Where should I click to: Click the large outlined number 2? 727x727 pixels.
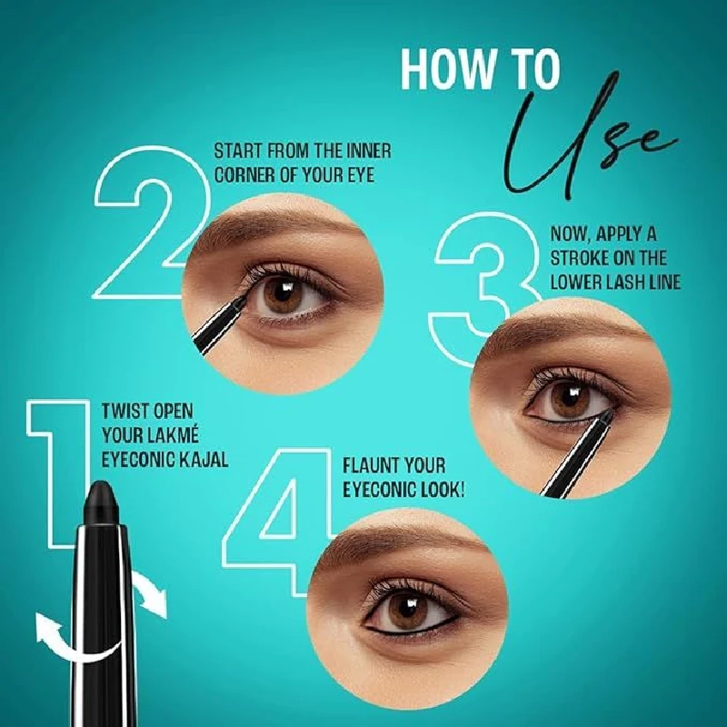145,223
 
